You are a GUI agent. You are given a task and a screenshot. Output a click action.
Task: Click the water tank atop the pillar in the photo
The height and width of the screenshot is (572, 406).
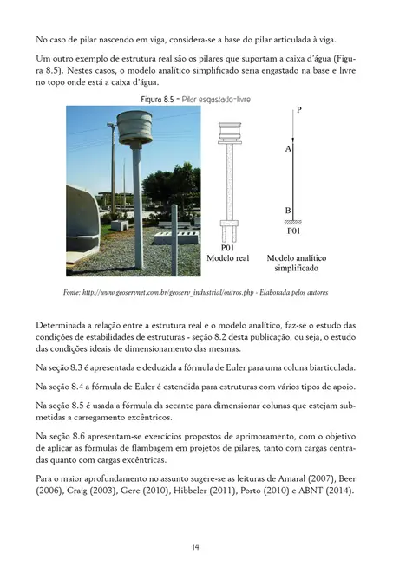tap(134, 130)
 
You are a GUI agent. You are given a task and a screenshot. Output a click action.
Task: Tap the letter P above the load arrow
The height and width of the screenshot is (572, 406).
tap(298, 110)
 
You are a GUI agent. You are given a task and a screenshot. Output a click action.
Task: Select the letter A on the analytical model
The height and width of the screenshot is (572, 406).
tap(287, 149)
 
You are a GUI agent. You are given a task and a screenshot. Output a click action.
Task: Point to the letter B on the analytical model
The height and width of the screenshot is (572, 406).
tap(287, 211)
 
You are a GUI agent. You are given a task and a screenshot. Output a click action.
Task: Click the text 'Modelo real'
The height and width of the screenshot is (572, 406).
tap(228, 258)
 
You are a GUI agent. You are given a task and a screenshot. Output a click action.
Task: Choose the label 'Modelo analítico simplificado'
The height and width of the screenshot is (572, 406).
tap(295, 263)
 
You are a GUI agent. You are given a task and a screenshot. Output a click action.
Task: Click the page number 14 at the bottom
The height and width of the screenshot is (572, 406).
tap(197, 547)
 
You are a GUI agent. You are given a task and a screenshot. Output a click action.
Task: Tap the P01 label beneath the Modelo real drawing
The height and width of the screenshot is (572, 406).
tap(228, 247)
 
